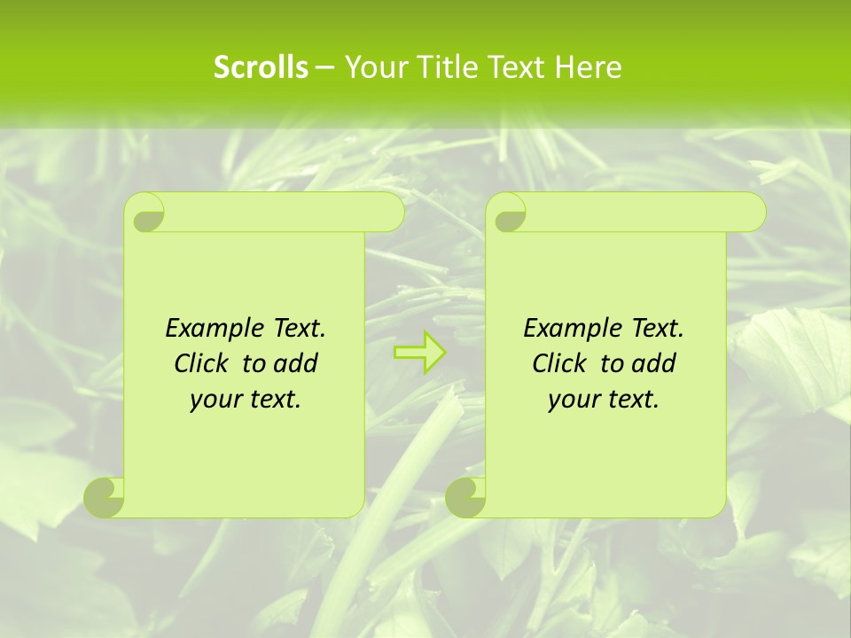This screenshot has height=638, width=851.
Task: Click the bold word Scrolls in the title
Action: click(x=261, y=67)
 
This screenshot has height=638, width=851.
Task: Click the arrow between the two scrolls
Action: click(x=419, y=353)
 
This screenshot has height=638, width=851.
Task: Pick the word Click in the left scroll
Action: click(x=200, y=363)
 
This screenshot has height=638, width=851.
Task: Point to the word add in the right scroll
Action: click(x=655, y=363)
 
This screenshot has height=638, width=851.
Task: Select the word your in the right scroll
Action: click(x=572, y=400)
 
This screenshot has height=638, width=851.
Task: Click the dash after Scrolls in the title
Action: click(x=324, y=68)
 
